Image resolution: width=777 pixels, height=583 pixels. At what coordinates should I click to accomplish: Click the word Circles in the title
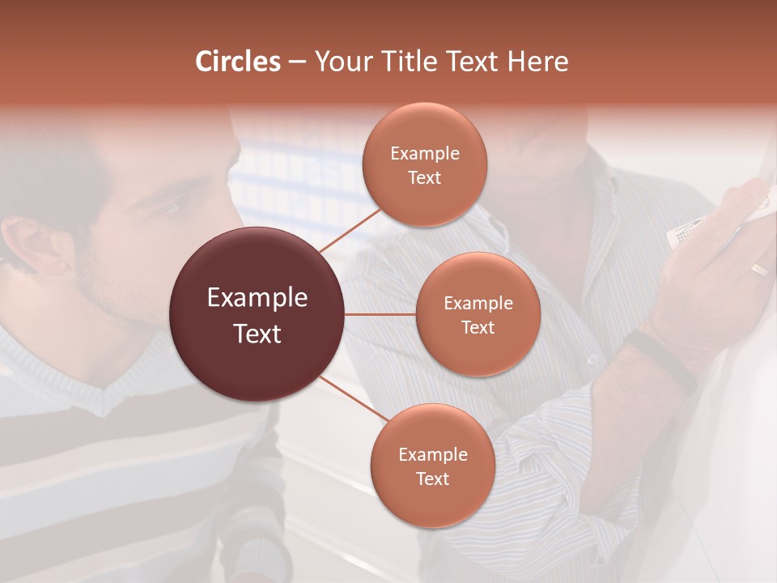coord(238,62)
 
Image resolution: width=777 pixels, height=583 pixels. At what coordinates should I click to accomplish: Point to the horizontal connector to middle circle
coord(380,314)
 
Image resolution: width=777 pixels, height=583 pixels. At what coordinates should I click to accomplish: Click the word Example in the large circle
coord(257,298)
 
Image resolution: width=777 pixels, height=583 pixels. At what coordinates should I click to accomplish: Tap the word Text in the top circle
coord(424,177)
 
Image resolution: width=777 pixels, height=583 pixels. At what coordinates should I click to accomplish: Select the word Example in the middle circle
coord(478,304)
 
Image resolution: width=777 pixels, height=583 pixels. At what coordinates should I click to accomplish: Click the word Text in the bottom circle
coord(432,479)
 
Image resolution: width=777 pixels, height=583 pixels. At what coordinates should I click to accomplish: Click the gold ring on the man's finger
coord(758,270)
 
